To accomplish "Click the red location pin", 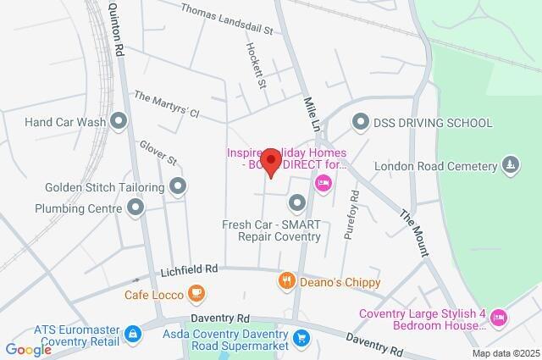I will tap(271, 162).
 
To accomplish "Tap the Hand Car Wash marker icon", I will tap(119, 122).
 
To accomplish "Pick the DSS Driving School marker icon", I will tap(361, 123).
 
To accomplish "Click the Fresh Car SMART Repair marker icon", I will tap(296, 202).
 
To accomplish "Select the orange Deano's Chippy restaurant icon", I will tap(286, 281).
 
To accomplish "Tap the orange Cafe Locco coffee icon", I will tap(196, 293).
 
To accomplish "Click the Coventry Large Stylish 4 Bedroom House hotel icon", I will tap(499, 318).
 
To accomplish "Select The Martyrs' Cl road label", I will tap(166, 104).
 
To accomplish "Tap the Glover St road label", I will tap(158, 153).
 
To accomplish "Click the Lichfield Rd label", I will tap(189, 269).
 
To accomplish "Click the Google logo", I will tap(28, 349).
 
